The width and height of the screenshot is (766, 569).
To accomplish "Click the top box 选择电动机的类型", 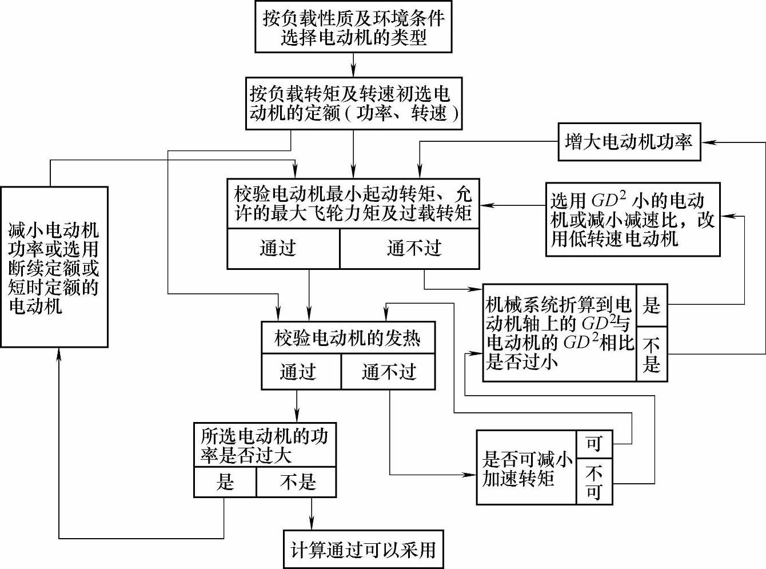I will [x=353, y=27].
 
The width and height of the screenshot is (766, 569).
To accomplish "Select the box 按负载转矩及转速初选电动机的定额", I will [x=353, y=104].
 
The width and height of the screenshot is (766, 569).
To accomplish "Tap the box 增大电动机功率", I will [x=629, y=142].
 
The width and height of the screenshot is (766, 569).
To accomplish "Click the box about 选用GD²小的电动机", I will [x=632, y=219].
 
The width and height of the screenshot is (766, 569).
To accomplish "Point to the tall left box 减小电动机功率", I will [x=54, y=267].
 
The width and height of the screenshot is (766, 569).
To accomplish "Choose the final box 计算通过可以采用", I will [x=363, y=550].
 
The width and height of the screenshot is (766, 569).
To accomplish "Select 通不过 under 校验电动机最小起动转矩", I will [x=409, y=249].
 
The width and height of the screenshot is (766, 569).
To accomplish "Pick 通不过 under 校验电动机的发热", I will [x=388, y=372].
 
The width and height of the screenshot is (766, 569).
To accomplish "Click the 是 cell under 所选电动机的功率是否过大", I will [x=225, y=482].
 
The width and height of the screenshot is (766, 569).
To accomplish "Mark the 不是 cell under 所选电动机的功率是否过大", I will [x=296, y=482].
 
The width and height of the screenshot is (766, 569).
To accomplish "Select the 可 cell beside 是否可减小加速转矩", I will [x=594, y=444].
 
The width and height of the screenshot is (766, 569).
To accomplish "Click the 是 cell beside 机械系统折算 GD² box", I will [x=652, y=305].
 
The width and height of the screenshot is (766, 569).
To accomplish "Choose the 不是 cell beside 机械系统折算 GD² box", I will [x=652, y=354].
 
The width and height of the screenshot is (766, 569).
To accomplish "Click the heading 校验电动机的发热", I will [x=348, y=338].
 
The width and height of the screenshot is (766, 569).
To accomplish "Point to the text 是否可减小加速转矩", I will [x=526, y=468].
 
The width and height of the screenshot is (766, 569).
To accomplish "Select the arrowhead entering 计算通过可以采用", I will [x=312, y=524].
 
